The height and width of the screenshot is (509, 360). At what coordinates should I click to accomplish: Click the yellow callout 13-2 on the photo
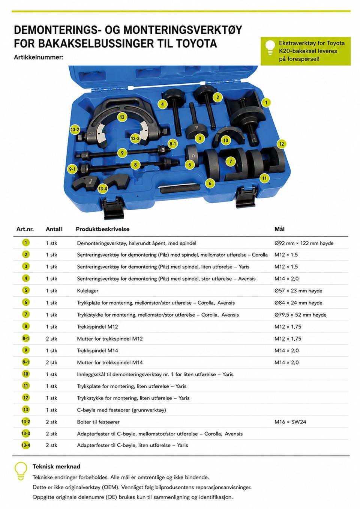[x=75, y=130]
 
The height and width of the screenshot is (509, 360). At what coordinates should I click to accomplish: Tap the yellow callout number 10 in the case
[x=225, y=140]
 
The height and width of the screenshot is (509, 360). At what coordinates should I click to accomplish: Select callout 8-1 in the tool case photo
[x=172, y=144]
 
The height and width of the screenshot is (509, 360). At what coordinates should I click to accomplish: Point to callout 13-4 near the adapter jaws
[x=103, y=189]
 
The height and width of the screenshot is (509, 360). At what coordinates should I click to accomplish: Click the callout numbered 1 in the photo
[x=266, y=103]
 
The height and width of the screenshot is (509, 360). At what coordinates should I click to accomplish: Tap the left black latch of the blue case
[x=114, y=207]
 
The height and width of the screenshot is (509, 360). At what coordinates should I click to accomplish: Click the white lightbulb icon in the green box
[x=270, y=48]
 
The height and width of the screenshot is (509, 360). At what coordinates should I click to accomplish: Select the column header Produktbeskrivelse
[x=103, y=229]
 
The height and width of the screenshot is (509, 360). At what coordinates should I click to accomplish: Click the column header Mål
[x=279, y=229]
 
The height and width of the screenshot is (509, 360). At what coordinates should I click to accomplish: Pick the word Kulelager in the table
[x=88, y=291]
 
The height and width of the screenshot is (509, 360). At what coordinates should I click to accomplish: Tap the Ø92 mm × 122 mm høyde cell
[x=304, y=243]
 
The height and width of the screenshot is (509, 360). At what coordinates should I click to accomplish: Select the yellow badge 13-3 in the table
[x=25, y=434]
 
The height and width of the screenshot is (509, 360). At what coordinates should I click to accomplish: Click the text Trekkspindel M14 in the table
[x=97, y=350]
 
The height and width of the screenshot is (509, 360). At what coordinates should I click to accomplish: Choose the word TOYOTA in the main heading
[x=196, y=44]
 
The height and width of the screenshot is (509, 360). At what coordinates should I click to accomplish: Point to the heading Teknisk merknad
[x=56, y=466]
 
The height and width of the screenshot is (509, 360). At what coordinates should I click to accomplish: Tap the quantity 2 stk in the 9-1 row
[x=51, y=362]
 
